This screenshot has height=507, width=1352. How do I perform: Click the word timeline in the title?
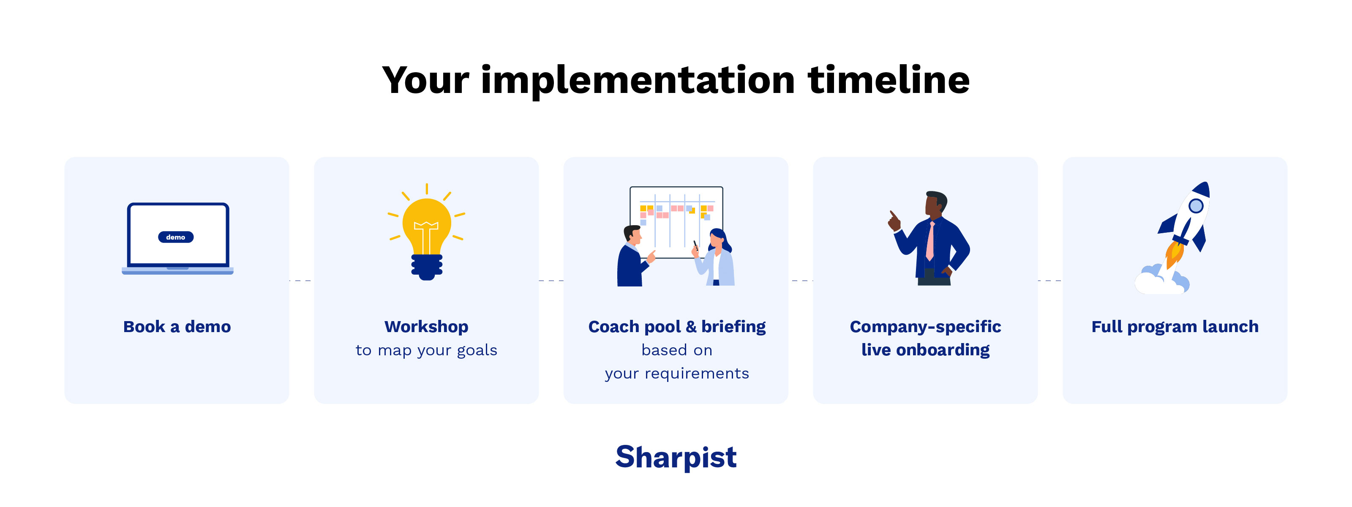888,80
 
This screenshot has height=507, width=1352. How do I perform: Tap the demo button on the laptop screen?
176,237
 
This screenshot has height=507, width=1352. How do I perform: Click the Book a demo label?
177,327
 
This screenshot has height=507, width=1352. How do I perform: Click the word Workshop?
426,327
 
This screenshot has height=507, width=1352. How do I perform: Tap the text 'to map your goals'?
426,350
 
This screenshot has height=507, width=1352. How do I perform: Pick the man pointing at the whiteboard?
632,257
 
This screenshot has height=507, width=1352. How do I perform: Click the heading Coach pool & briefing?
676,327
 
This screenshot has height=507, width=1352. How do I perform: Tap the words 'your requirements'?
676,373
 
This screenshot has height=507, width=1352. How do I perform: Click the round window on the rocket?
1196,206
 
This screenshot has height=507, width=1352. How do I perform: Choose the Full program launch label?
1175,327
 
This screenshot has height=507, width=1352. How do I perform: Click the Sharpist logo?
676,457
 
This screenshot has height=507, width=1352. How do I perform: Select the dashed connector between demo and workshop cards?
301,281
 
